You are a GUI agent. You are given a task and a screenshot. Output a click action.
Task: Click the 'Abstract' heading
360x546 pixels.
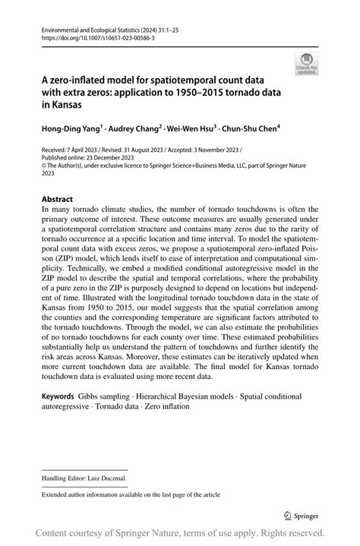[x=58, y=200]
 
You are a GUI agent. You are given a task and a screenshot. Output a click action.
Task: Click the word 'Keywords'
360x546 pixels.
[x=58, y=396]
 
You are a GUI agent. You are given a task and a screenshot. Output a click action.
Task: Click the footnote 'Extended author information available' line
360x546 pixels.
[x=131, y=494]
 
